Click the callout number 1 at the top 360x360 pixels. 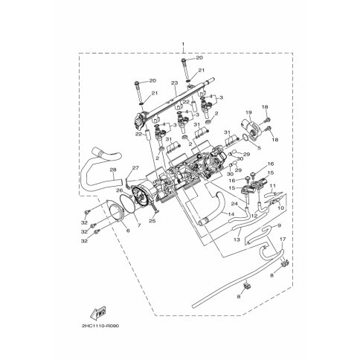(x=182, y=45)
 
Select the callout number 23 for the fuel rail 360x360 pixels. (x=173, y=83)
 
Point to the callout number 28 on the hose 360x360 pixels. (x=113, y=170)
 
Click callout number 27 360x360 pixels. (x=135, y=168)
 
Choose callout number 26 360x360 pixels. (x=119, y=190)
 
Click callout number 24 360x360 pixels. (x=234, y=202)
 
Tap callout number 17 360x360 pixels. (x=282, y=239)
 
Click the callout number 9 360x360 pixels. (x=278, y=225)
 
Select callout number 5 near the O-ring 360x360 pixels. (x=258, y=146)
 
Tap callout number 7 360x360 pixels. (x=138, y=224)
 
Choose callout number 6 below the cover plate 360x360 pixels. (x=126, y=231)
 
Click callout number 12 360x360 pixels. (x=254, y=216)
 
